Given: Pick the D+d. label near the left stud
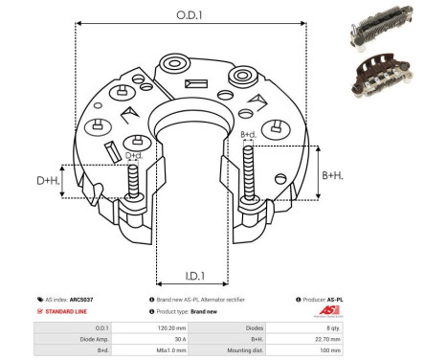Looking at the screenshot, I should [x=134, y=155].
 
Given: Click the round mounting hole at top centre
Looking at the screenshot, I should [x=175, y=66].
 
